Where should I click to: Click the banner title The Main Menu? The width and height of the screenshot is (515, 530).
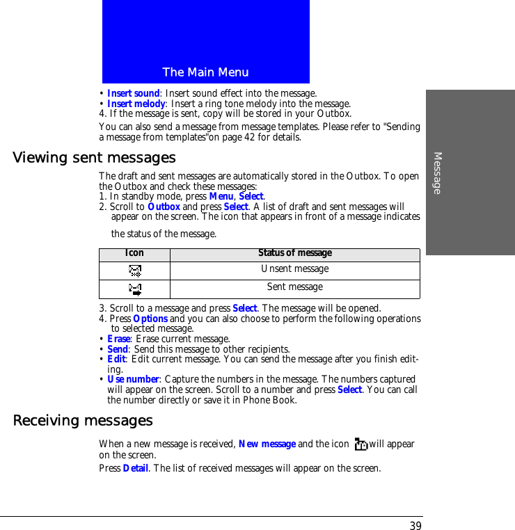click(205, 72)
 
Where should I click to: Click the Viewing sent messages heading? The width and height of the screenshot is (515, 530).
click(94, 158)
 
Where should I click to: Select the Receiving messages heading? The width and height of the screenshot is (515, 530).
click(83, 421)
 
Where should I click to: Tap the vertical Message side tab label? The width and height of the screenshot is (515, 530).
click(437, 172)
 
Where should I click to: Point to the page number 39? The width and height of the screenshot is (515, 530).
click(415, 526)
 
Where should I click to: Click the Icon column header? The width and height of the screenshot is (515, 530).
click(134, 253)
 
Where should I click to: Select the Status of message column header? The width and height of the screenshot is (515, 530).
click(295, 253)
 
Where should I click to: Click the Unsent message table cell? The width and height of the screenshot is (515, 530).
click(295, 269)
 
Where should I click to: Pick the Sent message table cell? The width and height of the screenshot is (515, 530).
click(295, 287)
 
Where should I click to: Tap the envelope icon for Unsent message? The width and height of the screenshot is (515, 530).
click(135, 271)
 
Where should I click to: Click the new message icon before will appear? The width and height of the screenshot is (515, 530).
click(360, 444)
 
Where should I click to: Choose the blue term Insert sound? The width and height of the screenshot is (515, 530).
click(134, 93)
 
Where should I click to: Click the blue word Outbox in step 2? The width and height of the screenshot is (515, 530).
click(164, 207)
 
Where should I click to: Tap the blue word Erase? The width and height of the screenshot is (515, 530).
click(118, 339)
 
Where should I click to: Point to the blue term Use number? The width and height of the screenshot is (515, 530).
click(133, 379)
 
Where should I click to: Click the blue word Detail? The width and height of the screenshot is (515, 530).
click(136, 468)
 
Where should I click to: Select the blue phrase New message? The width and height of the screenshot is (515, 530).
click(267, 444)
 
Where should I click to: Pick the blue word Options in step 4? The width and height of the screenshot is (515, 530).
click(150, 319)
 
